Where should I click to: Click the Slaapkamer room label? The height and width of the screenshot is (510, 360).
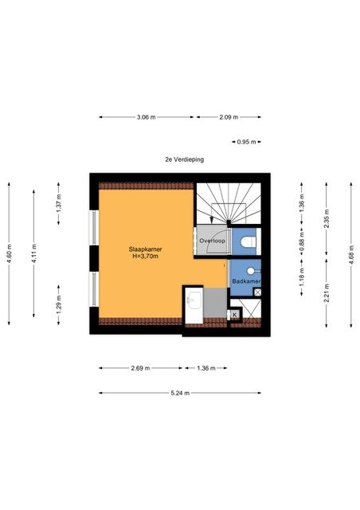pyautogui.click(x=146, y=249)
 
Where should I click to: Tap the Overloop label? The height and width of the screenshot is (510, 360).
pyautogui.click(x=212, y=241)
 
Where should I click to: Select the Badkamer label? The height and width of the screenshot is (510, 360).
pyautogui.click(x=246, y=281)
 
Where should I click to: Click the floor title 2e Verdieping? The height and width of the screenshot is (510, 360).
pyautogui.click(x=185, y=159)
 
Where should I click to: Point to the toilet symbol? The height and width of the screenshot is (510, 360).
pyautogui.click(x=248, y=242)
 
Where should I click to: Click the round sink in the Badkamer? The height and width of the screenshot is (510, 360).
pyautogui.click(x=251, y=271)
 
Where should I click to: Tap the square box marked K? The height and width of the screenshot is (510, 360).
pyautogui.click(x=235, y=315)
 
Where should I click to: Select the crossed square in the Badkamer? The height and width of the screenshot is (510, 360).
pyautogui.click(x=257, y=292)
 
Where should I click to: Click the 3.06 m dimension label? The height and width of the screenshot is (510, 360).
pyautogui.click(x=146, y=117)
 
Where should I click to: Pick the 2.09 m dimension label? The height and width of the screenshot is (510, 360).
pyautogui.click(x=229, y=117)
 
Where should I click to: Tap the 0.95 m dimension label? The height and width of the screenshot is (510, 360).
pyautogui.click(x=246, y=142)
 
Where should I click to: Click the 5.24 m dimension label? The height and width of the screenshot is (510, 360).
pyautogui.click(x=180, y=393)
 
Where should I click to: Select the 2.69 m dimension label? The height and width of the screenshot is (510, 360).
pyautogui.click(x=140, y=368)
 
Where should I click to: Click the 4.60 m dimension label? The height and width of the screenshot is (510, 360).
pyautogui.click(x=9, y=253)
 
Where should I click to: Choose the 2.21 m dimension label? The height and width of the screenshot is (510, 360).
pyautogui.click(x=327, y=293)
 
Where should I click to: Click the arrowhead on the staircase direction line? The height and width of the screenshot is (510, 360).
pyautogui.click(x=212, y=221)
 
